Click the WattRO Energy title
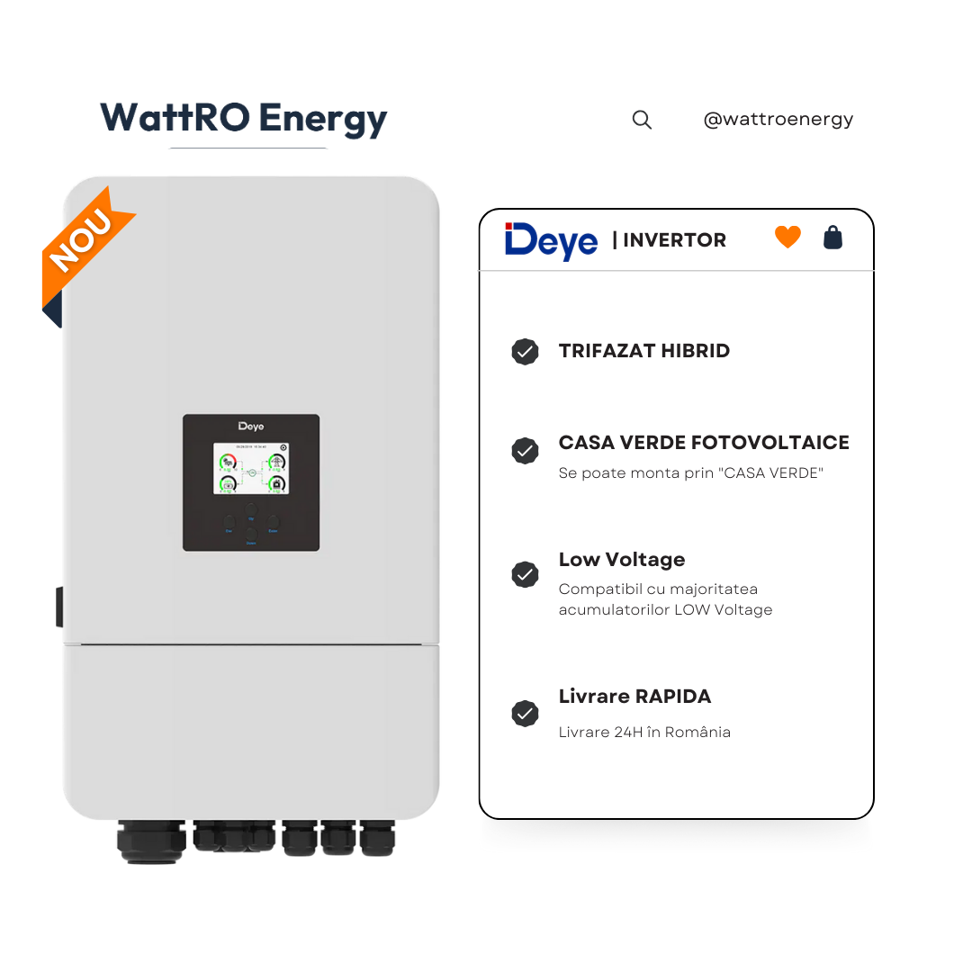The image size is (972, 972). [243, 119]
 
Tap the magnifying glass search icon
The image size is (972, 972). [642, 120]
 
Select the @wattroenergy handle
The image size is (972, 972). [778, 119]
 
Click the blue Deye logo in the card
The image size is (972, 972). [551, 240]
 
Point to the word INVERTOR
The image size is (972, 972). [674, 240]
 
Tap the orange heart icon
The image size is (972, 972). [787, 238]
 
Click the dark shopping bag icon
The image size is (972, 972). [833, 238]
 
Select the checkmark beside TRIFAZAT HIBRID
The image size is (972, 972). [525, 352]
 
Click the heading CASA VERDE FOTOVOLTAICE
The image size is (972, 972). [704, 443]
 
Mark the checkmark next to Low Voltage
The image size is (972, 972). [525, 574]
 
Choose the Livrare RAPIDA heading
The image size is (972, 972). [634, 697]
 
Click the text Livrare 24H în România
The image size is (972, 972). [644, 733]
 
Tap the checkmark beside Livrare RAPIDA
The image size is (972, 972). [525, 714]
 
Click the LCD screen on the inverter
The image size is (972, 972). [251, 468]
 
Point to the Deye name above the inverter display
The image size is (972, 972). [251, 426]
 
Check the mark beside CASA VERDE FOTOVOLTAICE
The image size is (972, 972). [525, 451]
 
